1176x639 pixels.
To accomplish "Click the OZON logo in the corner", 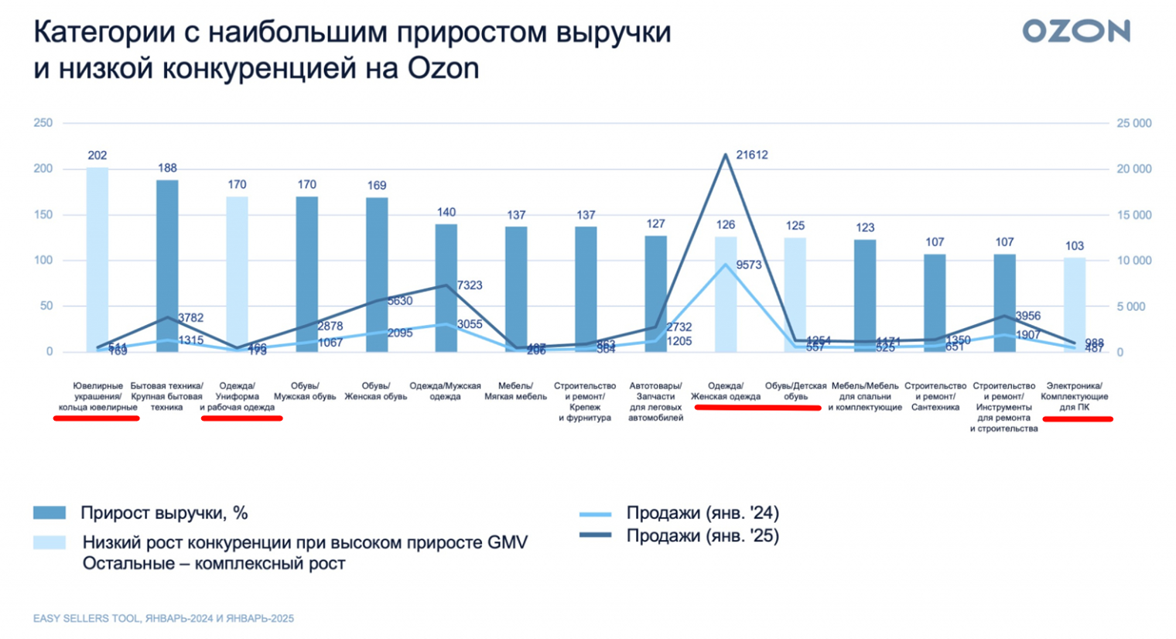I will [x=1075, y=32].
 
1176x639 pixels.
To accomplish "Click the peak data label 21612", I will [x=751, y=155].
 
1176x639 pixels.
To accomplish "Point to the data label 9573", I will [x=748, y=265].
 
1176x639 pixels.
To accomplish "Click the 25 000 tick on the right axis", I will [x=1133, y=123].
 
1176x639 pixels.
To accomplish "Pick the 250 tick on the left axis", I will [x=43, y=123].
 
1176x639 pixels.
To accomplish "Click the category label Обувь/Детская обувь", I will [x=795, y=391].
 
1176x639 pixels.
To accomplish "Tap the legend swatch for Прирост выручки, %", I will [x=50, y=513].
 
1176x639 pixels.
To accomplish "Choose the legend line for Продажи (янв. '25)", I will [x=595, y=535].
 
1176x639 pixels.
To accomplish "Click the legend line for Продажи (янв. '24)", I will [x=595, y=514].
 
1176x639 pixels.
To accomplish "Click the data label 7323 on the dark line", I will [x=469, y=285].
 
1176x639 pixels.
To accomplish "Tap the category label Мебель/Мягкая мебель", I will [x=515, y=391].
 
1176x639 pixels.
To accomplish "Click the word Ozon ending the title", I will [x=443, y=69].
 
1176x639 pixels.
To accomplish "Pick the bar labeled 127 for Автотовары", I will [x=655, y=293].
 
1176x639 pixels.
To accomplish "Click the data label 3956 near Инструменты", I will [x=1027, y=316].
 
